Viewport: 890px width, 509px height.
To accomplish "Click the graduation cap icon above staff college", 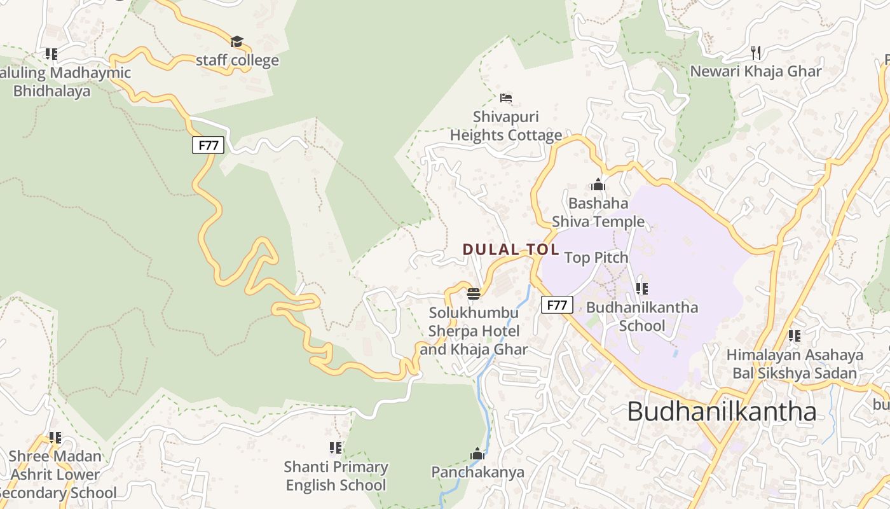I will tap(237, 42).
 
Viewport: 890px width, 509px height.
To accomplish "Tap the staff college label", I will tap(237, 60).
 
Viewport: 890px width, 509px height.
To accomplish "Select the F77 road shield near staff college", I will tap(209, 145).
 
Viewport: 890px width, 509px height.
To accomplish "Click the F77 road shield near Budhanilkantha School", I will tap(557, 305).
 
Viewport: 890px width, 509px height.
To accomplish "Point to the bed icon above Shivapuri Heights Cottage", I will tap(506, 98).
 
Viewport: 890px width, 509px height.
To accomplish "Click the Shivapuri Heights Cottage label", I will tap(506, 126).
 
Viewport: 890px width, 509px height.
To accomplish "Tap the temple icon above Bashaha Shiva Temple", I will tap(598, 185).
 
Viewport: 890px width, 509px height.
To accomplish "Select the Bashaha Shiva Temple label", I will tap(598, 213).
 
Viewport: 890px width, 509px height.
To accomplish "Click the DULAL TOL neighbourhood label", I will tap(511, 249).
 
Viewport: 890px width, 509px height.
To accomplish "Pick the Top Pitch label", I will tap(596, 258).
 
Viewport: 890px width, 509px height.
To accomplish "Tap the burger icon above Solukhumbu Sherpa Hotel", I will tap(474, 293).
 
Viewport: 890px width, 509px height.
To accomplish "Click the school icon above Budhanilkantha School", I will tap(642, 289).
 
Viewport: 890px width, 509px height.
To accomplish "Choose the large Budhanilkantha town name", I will tap(722, 412).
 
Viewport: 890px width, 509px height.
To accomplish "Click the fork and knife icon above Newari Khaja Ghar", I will tap(756, 52).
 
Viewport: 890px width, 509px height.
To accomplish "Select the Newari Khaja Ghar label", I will tap(756, 71).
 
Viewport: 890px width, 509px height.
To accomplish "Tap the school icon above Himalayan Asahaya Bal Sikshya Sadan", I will tap(795, 335).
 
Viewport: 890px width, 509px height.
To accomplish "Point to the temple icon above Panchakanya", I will tap(477, 454).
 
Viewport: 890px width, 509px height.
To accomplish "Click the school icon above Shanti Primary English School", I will tap(336, 448).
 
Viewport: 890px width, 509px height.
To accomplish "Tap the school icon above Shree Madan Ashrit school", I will tap(55, 438).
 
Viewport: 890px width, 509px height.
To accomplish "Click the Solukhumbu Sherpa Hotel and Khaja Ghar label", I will tap(474, 331).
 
